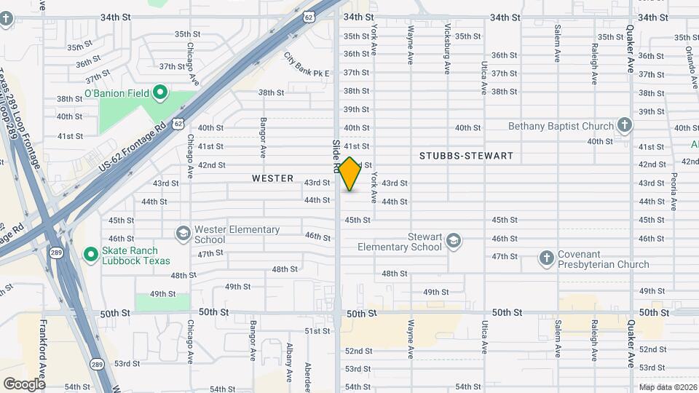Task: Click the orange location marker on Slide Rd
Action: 350,174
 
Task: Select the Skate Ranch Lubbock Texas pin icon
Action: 91,254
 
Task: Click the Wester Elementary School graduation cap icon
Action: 183,234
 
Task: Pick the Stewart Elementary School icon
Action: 454,241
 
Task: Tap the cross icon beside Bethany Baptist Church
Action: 624,126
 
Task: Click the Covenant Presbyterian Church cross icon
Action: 547,258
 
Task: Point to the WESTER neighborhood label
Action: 272,178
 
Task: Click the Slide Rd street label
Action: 336,156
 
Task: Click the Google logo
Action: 24,384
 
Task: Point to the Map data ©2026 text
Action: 668,387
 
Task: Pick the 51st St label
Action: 317,331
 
